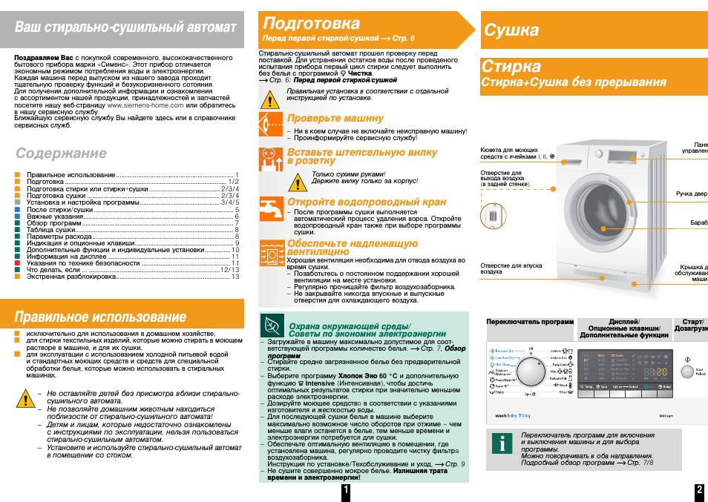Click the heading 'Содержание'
61,153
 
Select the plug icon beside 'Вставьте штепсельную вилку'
271,159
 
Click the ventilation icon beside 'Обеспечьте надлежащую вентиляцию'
271,253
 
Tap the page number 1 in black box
346,492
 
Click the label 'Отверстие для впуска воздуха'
511,268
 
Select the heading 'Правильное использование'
100,317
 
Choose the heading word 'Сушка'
512,30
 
